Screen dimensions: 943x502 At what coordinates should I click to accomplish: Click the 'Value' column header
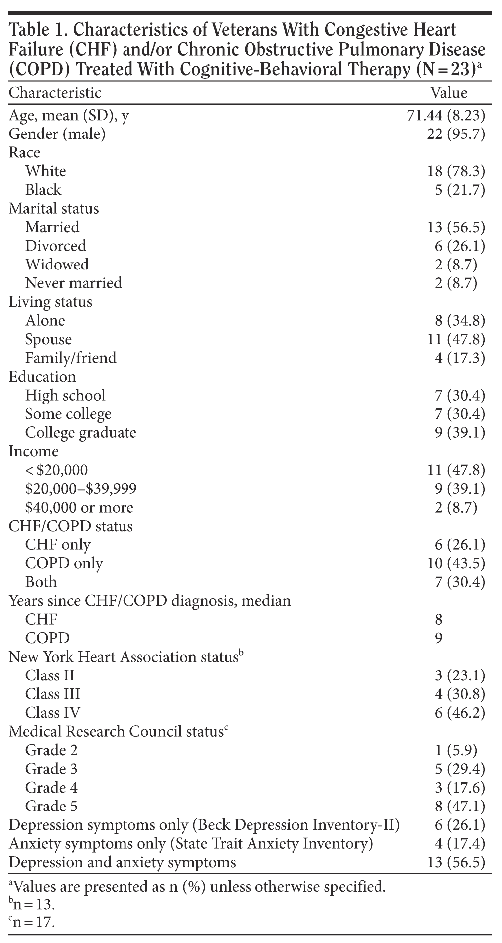point(449,93)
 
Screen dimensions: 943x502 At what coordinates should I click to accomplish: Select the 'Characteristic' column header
point(55,93)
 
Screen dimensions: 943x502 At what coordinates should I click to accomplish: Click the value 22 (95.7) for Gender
point(456,134)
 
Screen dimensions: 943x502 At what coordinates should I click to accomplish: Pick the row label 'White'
point(46,171)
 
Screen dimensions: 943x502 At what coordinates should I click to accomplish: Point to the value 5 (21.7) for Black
point(460,190)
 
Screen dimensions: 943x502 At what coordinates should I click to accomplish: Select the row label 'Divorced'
point(56,246)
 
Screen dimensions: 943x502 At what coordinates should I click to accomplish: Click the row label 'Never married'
point(74,283)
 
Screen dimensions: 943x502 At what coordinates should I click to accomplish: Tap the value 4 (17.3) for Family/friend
point(460,358)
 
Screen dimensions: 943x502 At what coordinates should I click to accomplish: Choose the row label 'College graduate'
point(81,432)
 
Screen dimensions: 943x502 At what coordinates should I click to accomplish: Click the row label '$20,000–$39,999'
point(81,489)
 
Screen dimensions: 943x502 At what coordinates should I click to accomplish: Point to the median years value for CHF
point(438,619)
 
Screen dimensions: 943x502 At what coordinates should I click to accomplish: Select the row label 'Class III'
point(53,694)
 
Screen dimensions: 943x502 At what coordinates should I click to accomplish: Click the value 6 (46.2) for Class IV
point(460,713)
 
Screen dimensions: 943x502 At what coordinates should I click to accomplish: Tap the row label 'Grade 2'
point(52,750)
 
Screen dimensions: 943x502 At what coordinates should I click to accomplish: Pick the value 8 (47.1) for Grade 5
point(460,806)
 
